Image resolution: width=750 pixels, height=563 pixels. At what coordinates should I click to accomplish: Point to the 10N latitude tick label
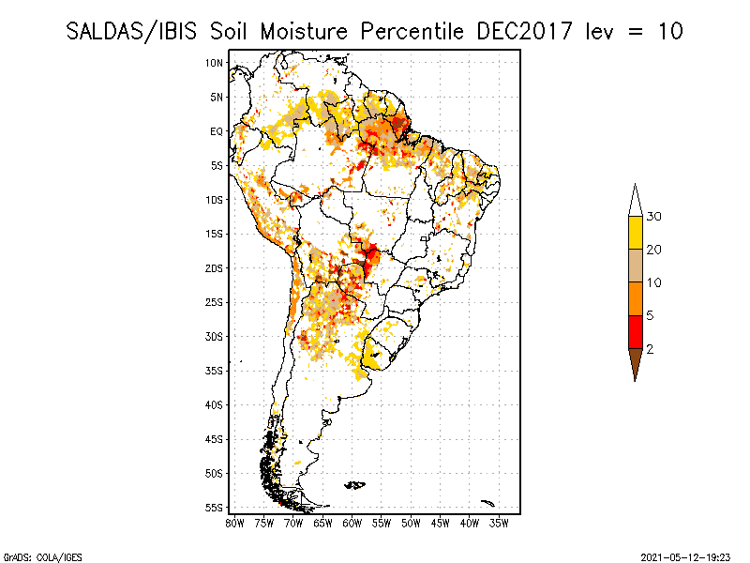215,63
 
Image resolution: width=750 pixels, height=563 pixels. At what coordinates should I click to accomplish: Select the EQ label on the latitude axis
217,131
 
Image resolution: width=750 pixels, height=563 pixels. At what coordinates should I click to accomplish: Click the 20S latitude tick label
215,268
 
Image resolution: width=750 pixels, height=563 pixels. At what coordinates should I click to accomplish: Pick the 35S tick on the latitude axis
215,371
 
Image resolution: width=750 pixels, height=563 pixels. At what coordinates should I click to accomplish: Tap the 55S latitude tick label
215,508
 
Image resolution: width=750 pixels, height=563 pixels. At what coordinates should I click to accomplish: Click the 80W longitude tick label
234,523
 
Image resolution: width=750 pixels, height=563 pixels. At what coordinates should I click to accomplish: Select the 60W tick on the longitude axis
352,523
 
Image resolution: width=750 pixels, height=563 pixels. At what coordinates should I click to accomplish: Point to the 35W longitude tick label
499,523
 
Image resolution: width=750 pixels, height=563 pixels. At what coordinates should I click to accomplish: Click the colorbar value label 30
654,217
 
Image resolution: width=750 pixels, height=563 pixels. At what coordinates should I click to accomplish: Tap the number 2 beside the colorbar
650,349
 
